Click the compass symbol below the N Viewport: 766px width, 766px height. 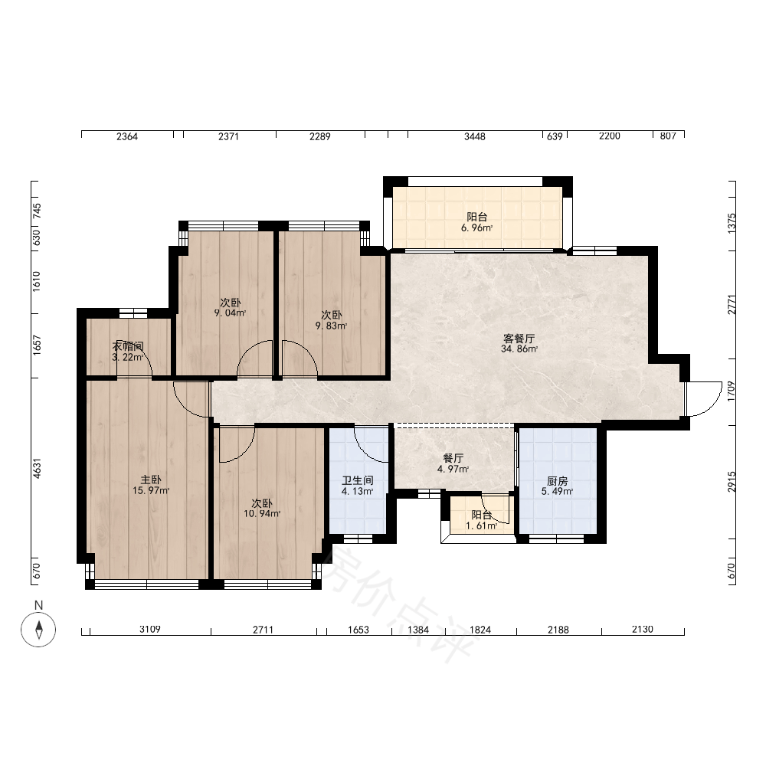point(38,629)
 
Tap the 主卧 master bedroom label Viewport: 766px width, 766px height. point(150,480)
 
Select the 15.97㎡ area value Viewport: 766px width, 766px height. point(151,490)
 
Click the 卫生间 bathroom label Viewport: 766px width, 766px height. point(358,481)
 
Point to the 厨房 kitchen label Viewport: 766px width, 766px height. point(557,481)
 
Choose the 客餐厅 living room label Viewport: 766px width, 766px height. point(519,338)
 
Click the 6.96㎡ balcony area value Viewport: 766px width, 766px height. point(476,228)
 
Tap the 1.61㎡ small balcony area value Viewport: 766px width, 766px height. point(482,525)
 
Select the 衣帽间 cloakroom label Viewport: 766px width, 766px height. point(128,346)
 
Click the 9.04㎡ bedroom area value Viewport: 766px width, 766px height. point(230,313)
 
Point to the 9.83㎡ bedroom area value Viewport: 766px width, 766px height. point(331,326)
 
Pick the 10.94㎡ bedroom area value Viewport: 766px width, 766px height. point(262,513)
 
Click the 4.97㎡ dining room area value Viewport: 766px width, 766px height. point(453,469)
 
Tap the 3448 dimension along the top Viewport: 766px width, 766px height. point(475,137)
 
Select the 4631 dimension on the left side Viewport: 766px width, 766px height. point(37,468)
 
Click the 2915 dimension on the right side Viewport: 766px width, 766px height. point(732,482)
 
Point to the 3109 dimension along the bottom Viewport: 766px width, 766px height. point(150,629)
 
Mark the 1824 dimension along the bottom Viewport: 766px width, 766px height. point(480,630)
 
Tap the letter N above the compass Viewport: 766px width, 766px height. point(38,605)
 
